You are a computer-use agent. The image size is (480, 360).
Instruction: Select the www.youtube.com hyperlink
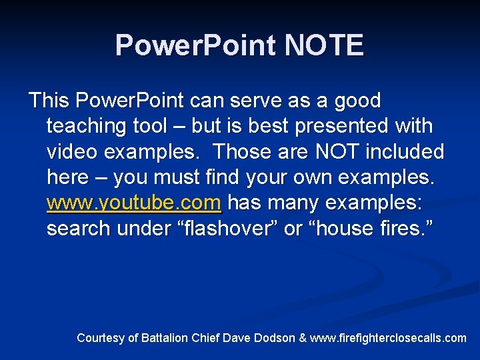(x=133, y=203)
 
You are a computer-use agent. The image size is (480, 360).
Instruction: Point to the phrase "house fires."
(x=371, y=229)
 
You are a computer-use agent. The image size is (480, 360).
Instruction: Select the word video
(x=73, y=152)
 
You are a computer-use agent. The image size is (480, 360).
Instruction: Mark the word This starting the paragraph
(x=49, y=101)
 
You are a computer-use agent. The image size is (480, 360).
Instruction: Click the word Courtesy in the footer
(x=100, y=338)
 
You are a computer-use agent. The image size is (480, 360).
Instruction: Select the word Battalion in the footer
(x=163, y=338)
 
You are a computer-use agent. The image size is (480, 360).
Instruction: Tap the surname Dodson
(x=273, y=338)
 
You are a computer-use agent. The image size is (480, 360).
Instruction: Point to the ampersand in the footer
(x=303, y=338)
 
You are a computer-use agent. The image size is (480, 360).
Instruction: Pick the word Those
(x=241, y=152)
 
